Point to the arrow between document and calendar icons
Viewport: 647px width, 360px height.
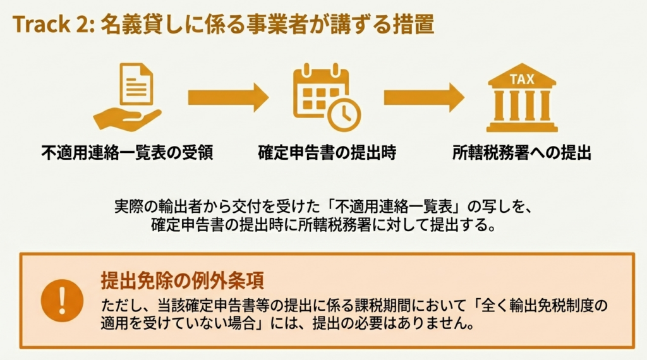227,97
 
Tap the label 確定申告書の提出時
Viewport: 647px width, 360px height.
327,153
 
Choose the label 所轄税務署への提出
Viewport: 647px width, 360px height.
522,153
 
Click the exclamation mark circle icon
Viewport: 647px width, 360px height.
62,300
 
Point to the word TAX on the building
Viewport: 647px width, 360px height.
522,79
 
